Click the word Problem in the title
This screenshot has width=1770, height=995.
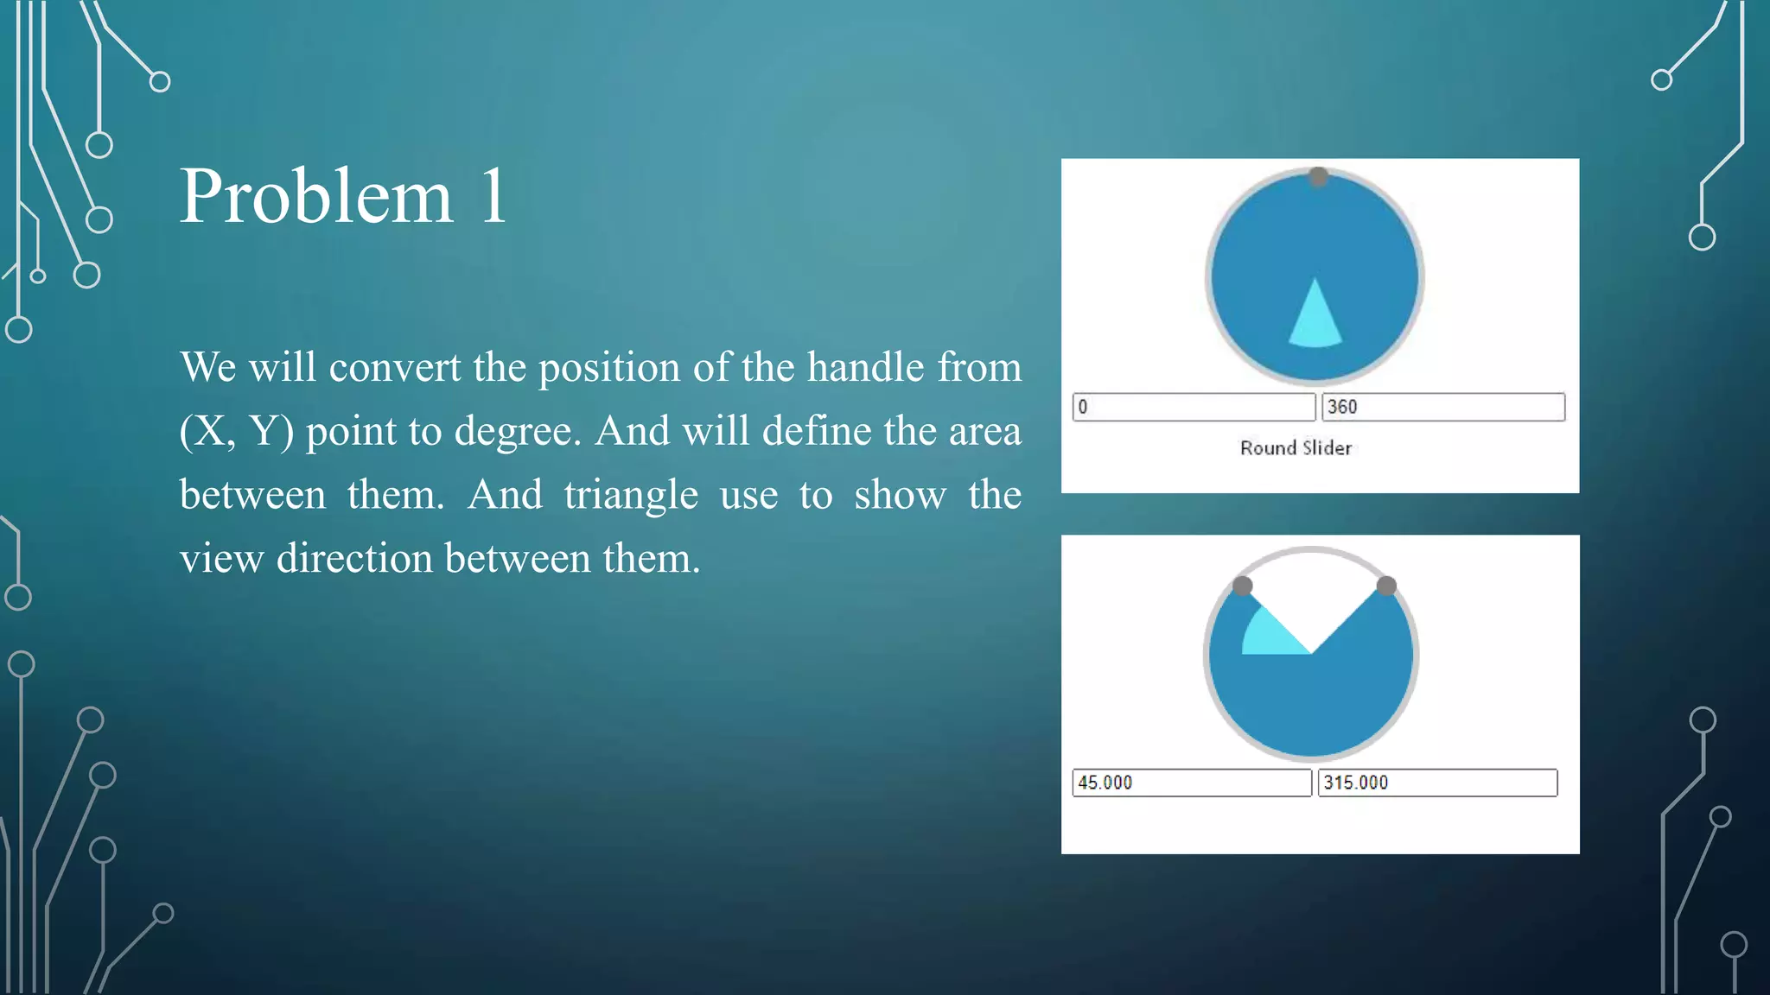(315, 197)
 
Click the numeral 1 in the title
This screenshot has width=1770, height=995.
(493, 197)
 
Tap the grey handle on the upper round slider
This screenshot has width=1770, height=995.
(1318, 177)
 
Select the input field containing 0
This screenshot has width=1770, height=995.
(1194, 407)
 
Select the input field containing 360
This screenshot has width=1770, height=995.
(1442, 407)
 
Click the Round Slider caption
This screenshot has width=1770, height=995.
(1296, 447)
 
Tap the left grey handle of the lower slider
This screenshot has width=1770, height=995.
(1242, 586)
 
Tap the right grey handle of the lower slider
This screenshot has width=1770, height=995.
(1386, 586)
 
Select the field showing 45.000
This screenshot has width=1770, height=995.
(1191, 783)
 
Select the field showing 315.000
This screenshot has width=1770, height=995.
(1437, 783)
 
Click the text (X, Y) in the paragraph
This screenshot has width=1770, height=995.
(236, 431)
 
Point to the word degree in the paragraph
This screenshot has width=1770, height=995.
(517, 431)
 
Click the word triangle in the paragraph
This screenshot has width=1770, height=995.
(630, 495)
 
